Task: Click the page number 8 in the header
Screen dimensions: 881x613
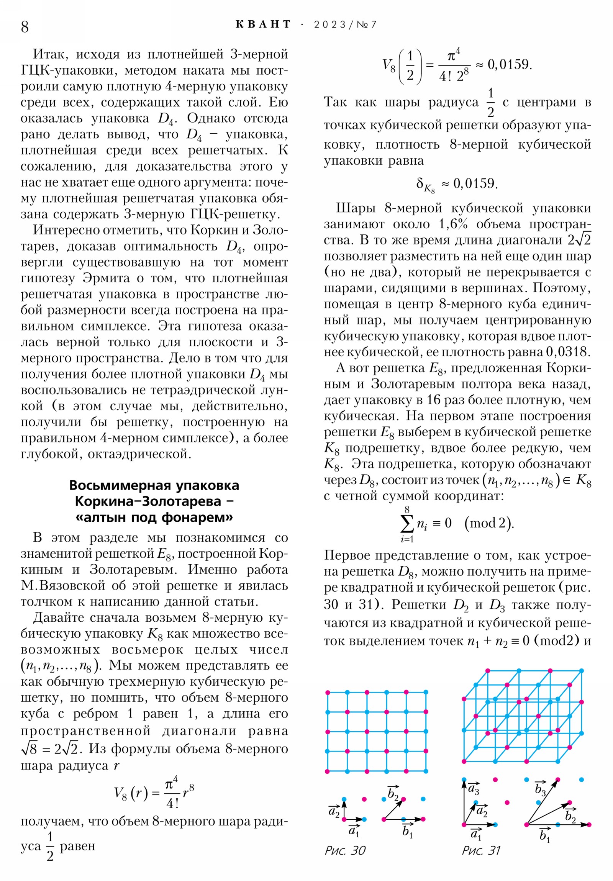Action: pyautogui.click(x=25, y=26)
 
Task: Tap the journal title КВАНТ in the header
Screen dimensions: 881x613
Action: pyautogui.click(x=263, y=25)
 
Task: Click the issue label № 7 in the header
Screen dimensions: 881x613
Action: pyautogui.click(x=367, y=25)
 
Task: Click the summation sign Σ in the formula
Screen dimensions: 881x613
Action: pyautogui.click(x=407, y=523)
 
